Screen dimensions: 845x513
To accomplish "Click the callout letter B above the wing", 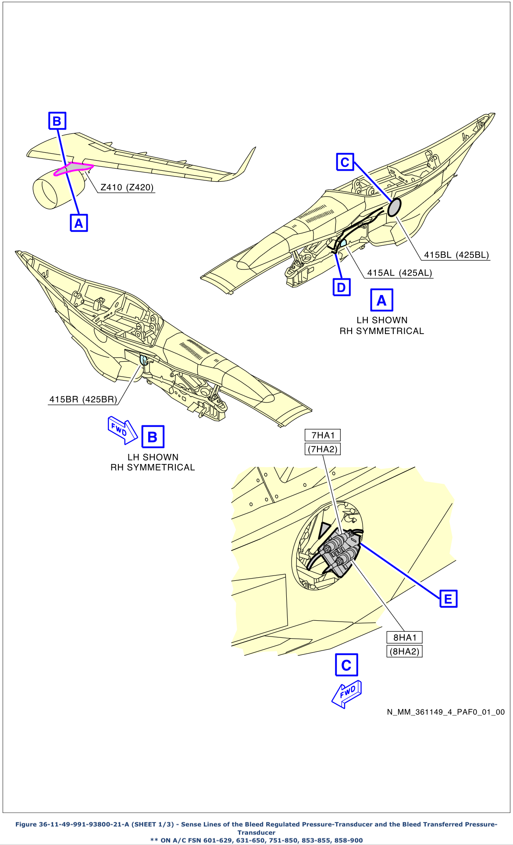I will click(57, 121).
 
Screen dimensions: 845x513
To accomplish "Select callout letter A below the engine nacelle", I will click(79, 223).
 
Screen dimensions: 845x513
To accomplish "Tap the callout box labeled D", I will click(341, 288).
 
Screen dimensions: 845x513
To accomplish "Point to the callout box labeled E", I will click(448, 599).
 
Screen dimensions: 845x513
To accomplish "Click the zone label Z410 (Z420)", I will click(127, 187).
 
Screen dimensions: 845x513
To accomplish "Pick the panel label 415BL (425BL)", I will click(456, 255).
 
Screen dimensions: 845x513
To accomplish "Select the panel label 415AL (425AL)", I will click(399, 273).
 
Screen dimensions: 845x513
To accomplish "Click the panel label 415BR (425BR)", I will click(83, 399).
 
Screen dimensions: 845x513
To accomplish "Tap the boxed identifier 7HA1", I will click(323, 435).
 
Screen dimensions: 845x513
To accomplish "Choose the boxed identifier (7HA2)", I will click(323, 449).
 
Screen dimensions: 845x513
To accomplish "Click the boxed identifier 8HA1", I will click(404, 637).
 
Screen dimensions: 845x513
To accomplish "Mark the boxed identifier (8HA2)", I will click(404, 651).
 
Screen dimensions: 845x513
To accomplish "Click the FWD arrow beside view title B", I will click(122, 430).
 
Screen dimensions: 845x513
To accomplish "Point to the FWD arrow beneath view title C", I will click(347, 694).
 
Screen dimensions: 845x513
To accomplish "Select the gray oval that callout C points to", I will click(394, 207).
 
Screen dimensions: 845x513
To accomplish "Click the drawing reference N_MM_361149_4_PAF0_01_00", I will click(445, 712).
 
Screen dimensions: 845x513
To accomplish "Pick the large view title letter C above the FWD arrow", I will click(346, 665).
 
